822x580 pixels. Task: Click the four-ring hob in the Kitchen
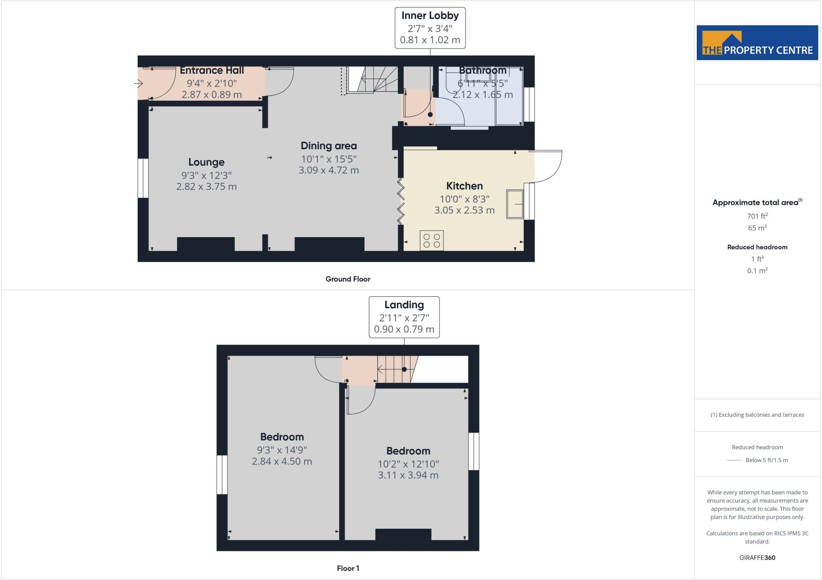(x=432, y=241)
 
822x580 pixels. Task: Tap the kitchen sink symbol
(x=515, y=204)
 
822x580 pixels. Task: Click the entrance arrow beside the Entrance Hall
(x=138, y=83)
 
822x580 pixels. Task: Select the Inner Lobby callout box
(x=430, y=28)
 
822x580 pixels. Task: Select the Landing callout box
(x=404, y=317)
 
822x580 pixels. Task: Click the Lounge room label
(x=206, y=162)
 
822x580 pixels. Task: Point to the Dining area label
(x=329, y=146)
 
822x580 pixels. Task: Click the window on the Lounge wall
(x=143, y=178)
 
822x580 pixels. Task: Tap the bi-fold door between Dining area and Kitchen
(x=401, y=201)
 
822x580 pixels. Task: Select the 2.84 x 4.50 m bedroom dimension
(x=282, y=461)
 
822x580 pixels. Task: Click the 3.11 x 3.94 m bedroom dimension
(x=408, y=475)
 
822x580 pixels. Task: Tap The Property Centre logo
(x=757, y=43)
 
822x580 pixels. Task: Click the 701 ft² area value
(x=757, y=216)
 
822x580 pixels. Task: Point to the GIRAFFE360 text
(x=757, y=558)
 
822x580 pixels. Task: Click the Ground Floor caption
(x=348, y=279)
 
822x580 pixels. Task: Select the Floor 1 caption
(x=348, y=568)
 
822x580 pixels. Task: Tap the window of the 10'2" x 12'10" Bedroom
(x=474, y=451)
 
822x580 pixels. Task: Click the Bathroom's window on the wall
(x=529, y=104)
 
